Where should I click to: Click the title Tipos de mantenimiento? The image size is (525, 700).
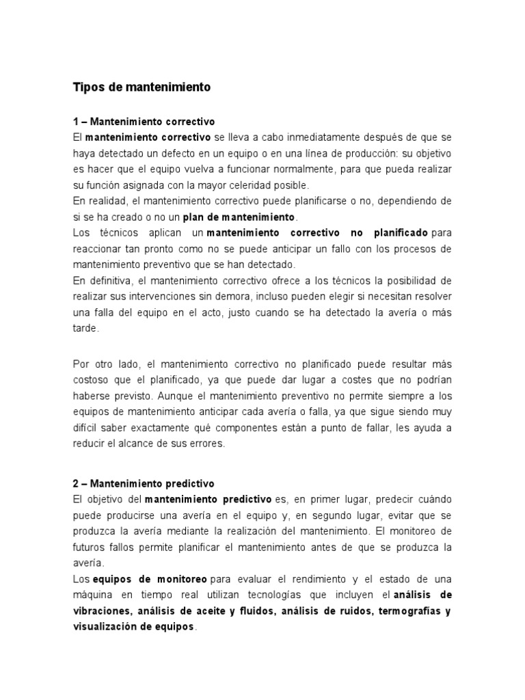pyautogui.click(x=142, y=88)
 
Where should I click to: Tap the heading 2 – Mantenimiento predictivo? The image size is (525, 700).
pyautogui.click(x=144, y=483)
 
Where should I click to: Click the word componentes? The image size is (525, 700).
pyautogui.click(x=272, y=427)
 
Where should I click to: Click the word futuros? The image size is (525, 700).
pyautogui.click(x=89, y=546)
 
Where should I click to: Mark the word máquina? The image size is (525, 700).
pyautogui.click(x=94, y=594)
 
